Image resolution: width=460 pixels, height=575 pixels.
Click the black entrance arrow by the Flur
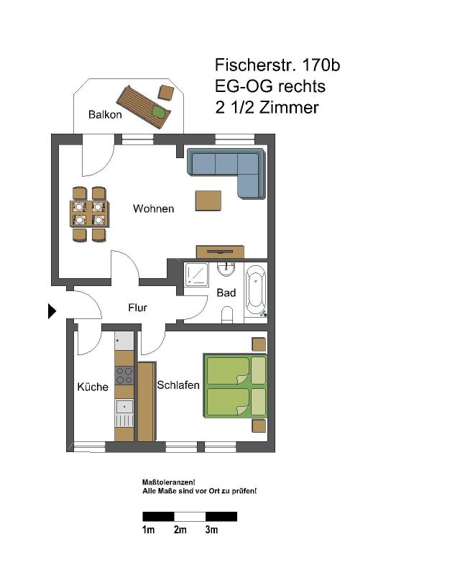click(x=52, y=311)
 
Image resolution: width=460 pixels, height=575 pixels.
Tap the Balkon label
click(x=105, y=114)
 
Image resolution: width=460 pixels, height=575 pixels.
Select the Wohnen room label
click(x=153, y=208)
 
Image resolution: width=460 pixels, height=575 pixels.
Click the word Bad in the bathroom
click(x=226, y=293)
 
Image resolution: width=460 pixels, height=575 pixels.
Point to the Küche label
click(x=93, y=387)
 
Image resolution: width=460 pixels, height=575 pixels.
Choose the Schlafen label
click(x=178, y=385)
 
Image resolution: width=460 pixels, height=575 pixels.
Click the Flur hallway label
click(x=137, y=308)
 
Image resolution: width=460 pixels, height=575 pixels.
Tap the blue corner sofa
click(x=226, y=172)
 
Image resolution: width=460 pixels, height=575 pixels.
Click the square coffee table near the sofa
click(x=208, y=201)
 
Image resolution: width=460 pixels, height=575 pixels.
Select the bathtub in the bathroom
click(x=256, y=292)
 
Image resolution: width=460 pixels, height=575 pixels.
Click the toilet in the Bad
click(x=227, y=315)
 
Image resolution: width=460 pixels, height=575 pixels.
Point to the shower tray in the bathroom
click(x=196, y=275)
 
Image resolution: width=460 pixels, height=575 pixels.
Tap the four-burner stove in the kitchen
click(x=124, y=375)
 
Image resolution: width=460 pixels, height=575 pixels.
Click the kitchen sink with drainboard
click(x=124, y=413)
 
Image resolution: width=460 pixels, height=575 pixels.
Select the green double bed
click(x=235, y=385)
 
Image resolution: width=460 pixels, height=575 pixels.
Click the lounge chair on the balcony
click(x=144, y=107)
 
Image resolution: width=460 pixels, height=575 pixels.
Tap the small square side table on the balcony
click(x=166, y=93)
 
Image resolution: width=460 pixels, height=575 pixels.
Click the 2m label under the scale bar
click(x=180, y=530)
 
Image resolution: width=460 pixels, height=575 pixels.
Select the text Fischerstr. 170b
click(x=277, y=65)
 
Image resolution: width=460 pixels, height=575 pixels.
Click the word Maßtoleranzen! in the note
click(x=168, y=482)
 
